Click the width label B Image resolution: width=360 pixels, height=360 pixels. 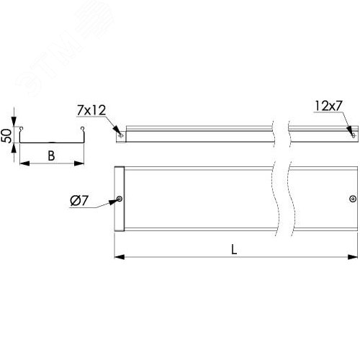50,154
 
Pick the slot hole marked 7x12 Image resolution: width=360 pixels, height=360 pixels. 120,134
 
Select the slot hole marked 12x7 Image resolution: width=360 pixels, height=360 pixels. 351,132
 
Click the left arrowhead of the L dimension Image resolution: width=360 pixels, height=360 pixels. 118,256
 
